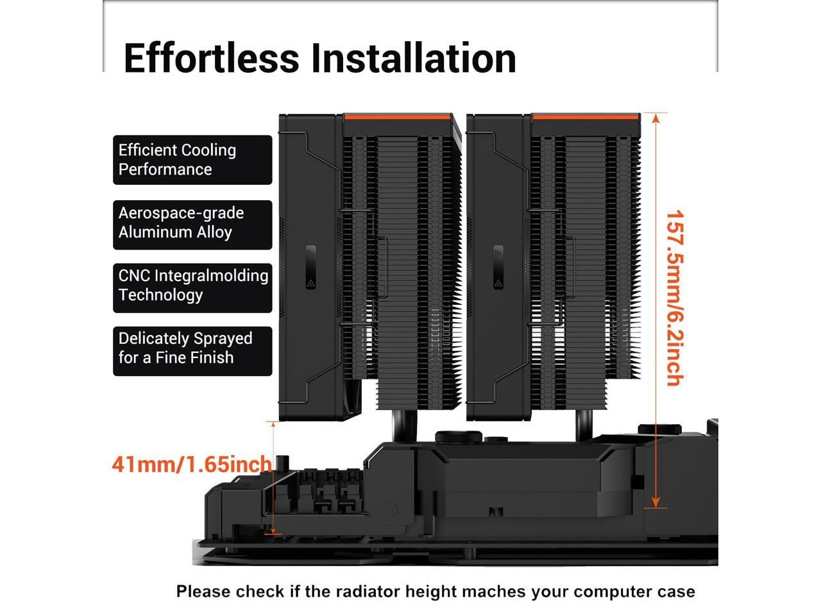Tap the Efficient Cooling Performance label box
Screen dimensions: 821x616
point(192,160)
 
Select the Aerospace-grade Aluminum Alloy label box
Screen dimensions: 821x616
point(192,225)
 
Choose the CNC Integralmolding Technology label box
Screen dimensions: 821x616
point(192,288)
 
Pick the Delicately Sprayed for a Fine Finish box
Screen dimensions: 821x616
point(192,351)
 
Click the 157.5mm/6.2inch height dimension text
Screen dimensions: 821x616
point(675,298)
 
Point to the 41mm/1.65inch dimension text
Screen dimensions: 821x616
point(192,464)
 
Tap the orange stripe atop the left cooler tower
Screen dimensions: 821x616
point(398,117)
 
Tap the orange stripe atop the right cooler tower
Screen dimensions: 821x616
point(586,117)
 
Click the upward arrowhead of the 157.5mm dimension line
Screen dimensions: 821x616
point(656,118)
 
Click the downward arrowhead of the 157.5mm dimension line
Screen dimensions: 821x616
point(656,502)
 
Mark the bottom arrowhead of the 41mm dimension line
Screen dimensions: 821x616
point(273,531)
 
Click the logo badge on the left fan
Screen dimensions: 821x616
point(311,267)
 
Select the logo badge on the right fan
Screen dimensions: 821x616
point(498,267)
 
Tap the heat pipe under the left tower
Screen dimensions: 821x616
point(404,426)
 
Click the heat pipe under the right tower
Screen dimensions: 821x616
point(584,426)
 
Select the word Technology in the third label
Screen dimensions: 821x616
point(161,295)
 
